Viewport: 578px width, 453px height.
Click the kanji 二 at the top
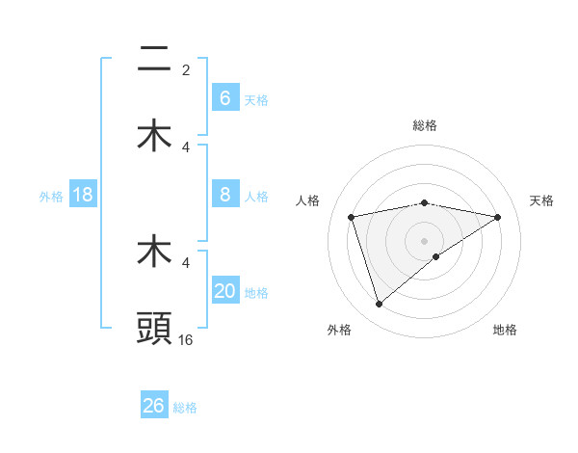pos(155,60)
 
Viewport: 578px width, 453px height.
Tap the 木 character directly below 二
pos(155,136)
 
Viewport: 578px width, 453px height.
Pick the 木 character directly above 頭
pos(155,252)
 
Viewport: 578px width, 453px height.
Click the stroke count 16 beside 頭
pos(186,340)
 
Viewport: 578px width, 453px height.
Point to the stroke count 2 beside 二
pos(186,70)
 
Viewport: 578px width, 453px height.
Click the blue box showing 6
pos(224,98)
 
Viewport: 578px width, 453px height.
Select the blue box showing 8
pos(224,195)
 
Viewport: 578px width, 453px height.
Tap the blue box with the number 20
pos(224,291)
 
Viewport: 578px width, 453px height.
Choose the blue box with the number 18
pos(83,195)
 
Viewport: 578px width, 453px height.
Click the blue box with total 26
pos(154,406)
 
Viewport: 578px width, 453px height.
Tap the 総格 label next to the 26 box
pos(185,408)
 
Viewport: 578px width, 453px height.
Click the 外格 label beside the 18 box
pos(51,197)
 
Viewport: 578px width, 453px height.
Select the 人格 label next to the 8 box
pos(256,197)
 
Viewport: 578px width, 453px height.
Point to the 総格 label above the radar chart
pos(425,125)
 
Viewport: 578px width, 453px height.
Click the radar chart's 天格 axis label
pos(542,200)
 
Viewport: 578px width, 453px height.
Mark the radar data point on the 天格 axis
pos(498,217)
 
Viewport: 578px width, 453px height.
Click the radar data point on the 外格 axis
pos(379,305)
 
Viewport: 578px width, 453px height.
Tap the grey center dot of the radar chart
pos(425,240)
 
